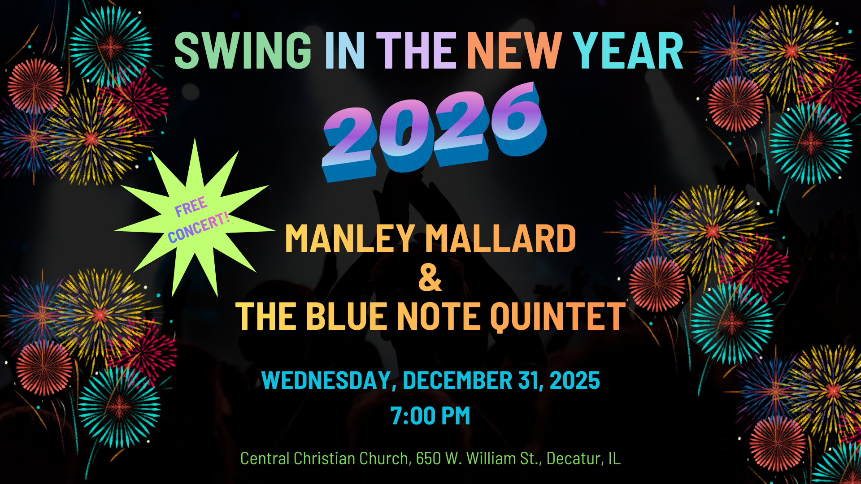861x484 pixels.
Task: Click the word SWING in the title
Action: click(243, 51)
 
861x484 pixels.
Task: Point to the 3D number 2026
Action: click(434, 131)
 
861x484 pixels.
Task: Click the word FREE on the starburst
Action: click(191, 207)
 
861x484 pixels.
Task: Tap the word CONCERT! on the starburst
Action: click(199, 228)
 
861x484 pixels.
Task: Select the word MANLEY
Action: click(350, 238)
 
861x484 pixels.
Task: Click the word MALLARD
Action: click(500, 238)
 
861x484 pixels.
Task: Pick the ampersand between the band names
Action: click(430, 278)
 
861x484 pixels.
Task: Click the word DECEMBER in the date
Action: click(457, 380)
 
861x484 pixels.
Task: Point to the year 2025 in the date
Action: click(575, 380)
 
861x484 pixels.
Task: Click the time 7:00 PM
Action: click(430, 415)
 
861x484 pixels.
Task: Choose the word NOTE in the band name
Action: click(439, 316)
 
